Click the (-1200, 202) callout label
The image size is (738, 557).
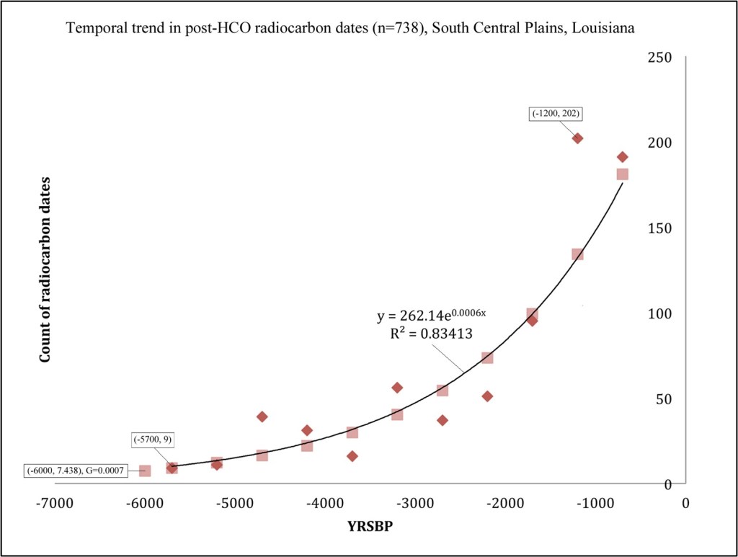pyautogui.click(x=556, y=113)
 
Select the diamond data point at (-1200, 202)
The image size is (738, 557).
pyautogui.click(x=577, y=138)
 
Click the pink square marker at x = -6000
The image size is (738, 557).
pyautogui.click(x=145, y=471)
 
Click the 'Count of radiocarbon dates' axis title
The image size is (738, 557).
pyautogui.click(x=45, y=269)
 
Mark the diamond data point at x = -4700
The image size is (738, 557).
pyautogui.click(x=262, y=416)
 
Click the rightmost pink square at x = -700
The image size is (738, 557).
pyautogui.click(x=623, y=174)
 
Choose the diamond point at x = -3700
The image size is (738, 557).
pyautogui.click(x=352, y=456)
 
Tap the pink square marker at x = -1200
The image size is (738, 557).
pyautogui.click(x=577, y=254)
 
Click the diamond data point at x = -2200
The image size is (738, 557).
pyautogui.click(x=487, y=396)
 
